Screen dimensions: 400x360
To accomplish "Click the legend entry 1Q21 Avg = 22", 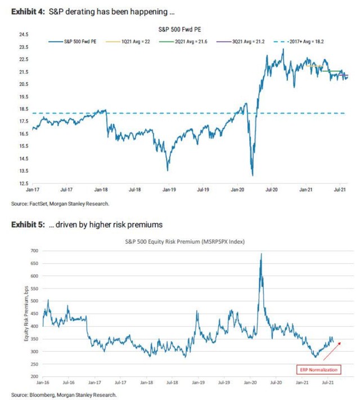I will (134, 41).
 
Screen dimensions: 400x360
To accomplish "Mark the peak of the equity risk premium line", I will (262, 254).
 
